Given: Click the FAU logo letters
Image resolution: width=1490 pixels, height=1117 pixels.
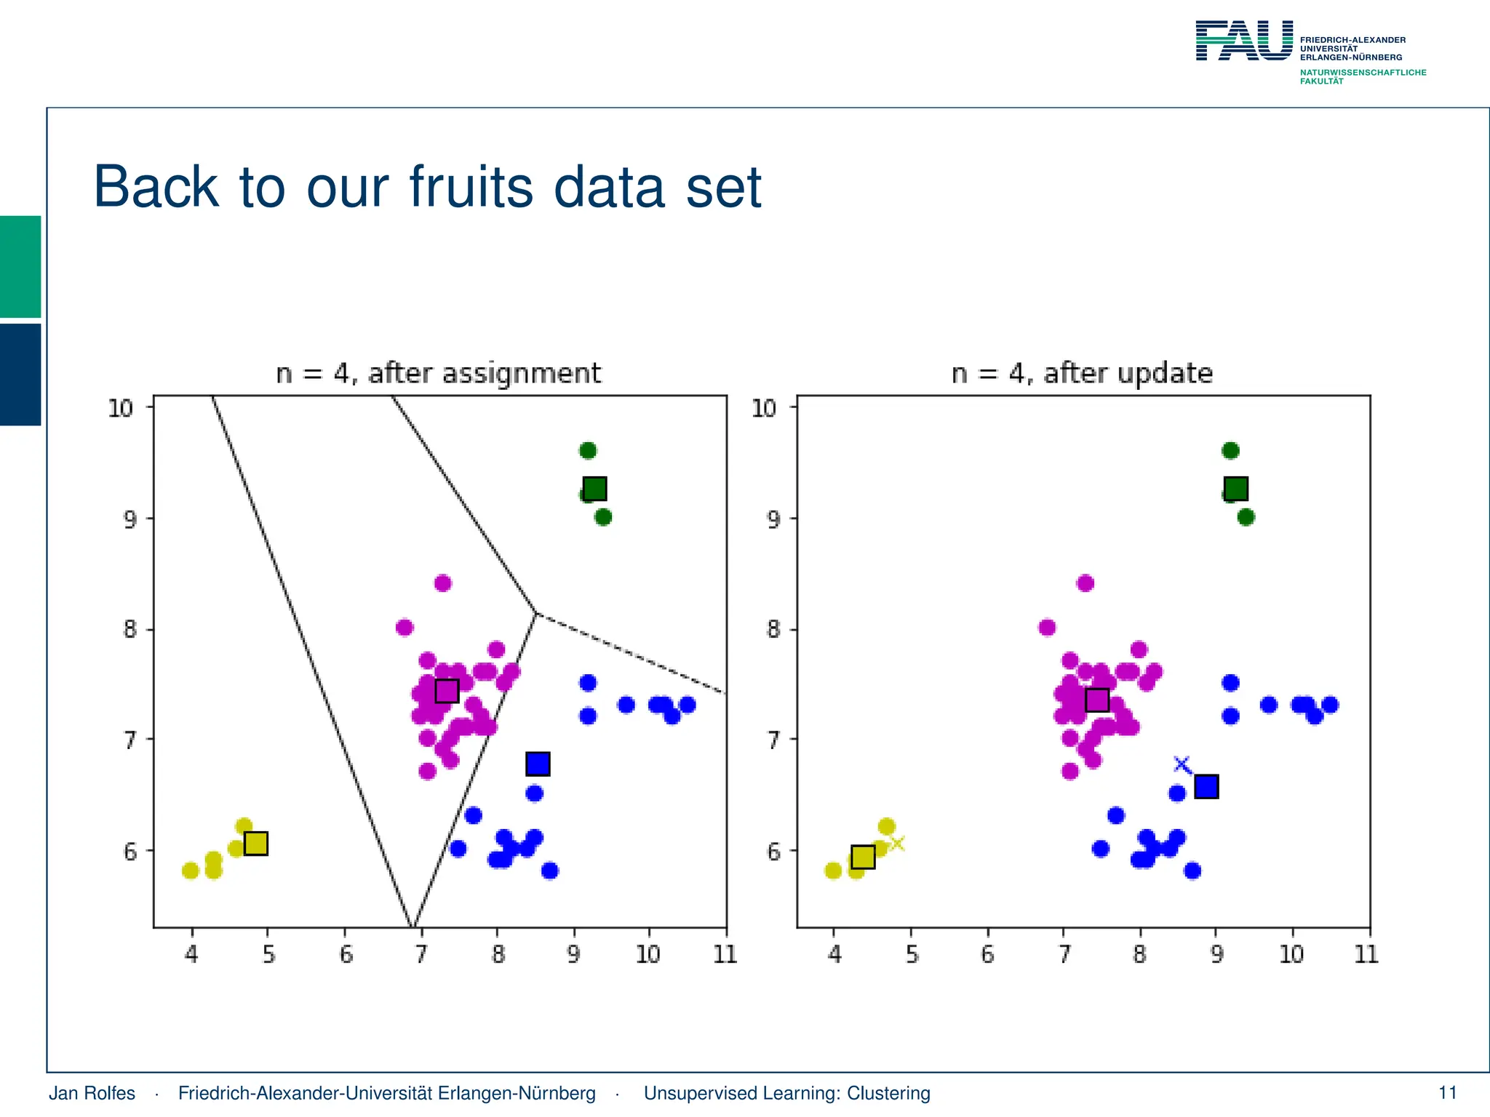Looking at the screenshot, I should tap(1244, 41).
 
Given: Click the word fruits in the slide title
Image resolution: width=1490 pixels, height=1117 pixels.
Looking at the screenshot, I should tap(471, 188).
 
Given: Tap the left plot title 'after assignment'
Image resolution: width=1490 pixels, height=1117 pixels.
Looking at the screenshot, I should tap(485, 373).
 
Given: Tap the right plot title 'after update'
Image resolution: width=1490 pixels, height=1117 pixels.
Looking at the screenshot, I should tap(1128, 373).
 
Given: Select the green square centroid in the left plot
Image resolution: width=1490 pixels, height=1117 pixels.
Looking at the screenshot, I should tap(595, 489).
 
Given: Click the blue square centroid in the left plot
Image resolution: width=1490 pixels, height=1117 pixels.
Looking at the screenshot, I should tap(538, 764).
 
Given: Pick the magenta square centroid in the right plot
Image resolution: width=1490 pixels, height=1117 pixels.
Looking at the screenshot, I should tap(1097, 700).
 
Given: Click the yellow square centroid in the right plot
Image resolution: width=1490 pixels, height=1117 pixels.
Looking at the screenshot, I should tap(863, 857).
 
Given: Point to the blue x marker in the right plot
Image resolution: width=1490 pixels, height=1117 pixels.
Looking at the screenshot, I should tap(1182, 764).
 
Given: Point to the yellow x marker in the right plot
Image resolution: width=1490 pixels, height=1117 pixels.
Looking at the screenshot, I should tap(897, 844).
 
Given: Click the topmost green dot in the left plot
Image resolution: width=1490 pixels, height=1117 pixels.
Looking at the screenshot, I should tap(588, 451).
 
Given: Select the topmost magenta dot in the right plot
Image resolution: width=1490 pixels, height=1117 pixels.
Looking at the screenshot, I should tap(1085, 583).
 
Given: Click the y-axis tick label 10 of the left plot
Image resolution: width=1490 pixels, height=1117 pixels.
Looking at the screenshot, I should tap(121, 409).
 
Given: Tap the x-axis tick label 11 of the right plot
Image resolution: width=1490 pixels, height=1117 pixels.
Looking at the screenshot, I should tap(1366, 954).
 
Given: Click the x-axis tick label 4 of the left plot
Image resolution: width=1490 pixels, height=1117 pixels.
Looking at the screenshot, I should tap(191, 954).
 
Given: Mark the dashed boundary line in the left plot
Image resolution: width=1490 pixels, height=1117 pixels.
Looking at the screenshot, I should tap(633, 654).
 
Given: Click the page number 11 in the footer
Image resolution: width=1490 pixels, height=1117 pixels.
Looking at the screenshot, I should tap(1448, 1093).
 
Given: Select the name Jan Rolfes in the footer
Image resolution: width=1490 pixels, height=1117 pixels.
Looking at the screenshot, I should tap(92, 1093).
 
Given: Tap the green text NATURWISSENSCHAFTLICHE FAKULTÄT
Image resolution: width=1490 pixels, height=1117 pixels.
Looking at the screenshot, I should tap(1362, 76).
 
